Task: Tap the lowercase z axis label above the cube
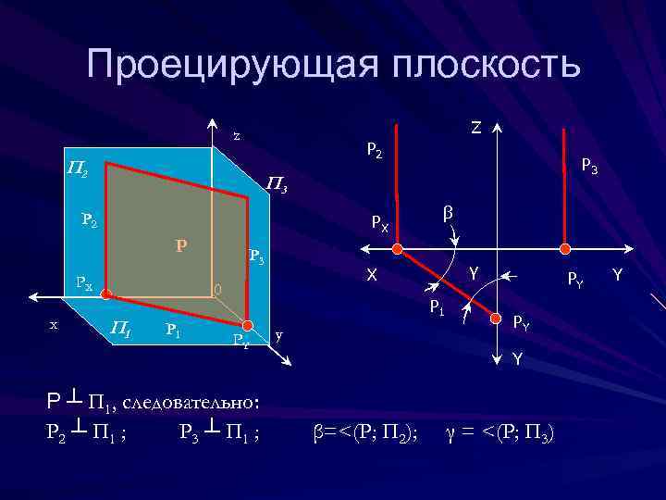click(x=237, y=135)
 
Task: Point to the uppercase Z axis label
click(x=475, y=128)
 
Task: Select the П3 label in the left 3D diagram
click(x=277, y=185)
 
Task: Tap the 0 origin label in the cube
click(x=218, y=290)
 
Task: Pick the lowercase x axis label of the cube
click(x=54, y=324)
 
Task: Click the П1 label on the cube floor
click(x=119, y=326)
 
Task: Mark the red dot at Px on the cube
click(x=105, y=295)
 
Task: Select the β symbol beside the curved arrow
click(x=449, y=214)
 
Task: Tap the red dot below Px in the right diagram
click(x=398, y=249)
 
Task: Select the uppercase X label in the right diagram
click(x=371, y=275)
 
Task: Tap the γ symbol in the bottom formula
click(x=451, y=431)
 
